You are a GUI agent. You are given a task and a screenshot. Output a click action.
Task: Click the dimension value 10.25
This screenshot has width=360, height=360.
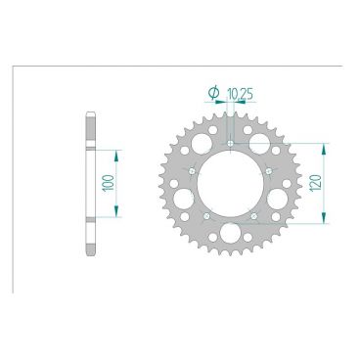238,95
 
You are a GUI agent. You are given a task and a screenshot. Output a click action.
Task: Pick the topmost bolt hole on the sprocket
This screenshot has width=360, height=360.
230,144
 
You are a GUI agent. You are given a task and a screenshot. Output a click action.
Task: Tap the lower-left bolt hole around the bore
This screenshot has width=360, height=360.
207,215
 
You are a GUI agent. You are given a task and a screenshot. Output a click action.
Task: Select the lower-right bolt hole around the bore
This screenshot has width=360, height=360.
252,215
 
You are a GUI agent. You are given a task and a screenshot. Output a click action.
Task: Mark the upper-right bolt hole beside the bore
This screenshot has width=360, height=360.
267,171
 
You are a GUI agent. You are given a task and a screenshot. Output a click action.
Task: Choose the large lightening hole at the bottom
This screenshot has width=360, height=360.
230,234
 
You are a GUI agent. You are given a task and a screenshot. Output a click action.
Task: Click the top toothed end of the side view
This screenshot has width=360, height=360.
89,117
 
